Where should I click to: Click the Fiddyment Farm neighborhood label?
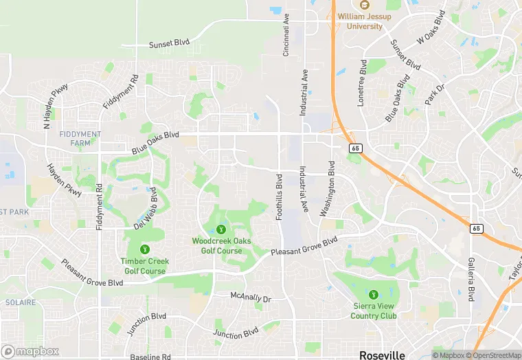80,138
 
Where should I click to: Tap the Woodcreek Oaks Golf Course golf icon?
221,229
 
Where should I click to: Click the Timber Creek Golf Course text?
144,266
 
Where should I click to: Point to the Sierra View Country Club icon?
374,294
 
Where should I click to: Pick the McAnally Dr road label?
251,297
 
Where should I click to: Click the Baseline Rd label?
150,357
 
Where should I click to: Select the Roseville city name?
382,355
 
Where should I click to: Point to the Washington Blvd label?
326,189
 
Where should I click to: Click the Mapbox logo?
30,351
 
